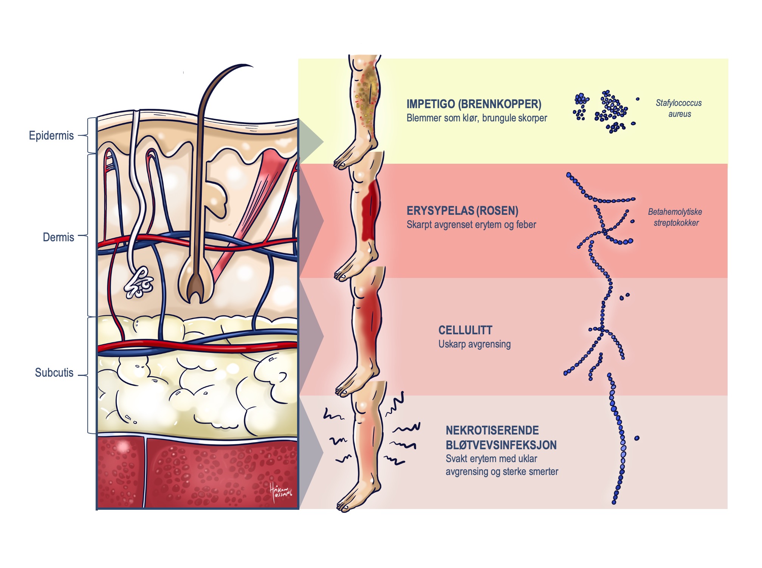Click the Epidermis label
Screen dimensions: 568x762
point(51,135)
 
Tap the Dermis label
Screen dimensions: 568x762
point(58,237)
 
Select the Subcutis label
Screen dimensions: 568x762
point(54,372)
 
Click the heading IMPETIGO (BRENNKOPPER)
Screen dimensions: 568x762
point(474,104)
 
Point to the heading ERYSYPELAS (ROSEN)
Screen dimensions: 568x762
point(462,211)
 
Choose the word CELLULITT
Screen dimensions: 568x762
point(465,330)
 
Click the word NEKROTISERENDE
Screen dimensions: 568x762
point(492,430)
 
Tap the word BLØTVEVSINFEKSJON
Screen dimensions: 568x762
point(501,445)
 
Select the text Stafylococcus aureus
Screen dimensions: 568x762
point(678,108)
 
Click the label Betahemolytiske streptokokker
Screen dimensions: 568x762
point(675,217)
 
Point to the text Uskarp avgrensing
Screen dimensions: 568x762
point(474,344)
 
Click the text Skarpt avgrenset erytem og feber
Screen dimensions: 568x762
point(471,225)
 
